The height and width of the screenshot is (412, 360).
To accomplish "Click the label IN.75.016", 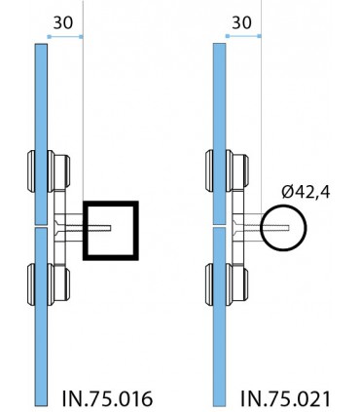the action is coord(107,398).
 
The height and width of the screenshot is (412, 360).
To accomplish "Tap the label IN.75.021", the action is coord(285,398).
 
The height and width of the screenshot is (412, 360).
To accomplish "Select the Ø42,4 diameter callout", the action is coord(306,192).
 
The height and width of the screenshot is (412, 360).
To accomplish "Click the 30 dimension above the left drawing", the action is coord(63,22).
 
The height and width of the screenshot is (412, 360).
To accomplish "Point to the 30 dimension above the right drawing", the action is coord(241,22).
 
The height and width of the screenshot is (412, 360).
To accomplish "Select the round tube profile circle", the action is coord(262,228).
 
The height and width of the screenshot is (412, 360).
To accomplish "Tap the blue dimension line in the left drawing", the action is coord(65,37).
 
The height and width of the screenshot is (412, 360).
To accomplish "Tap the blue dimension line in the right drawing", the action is coord(243,36).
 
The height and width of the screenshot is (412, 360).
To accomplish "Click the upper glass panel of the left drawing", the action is coord(41,133).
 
